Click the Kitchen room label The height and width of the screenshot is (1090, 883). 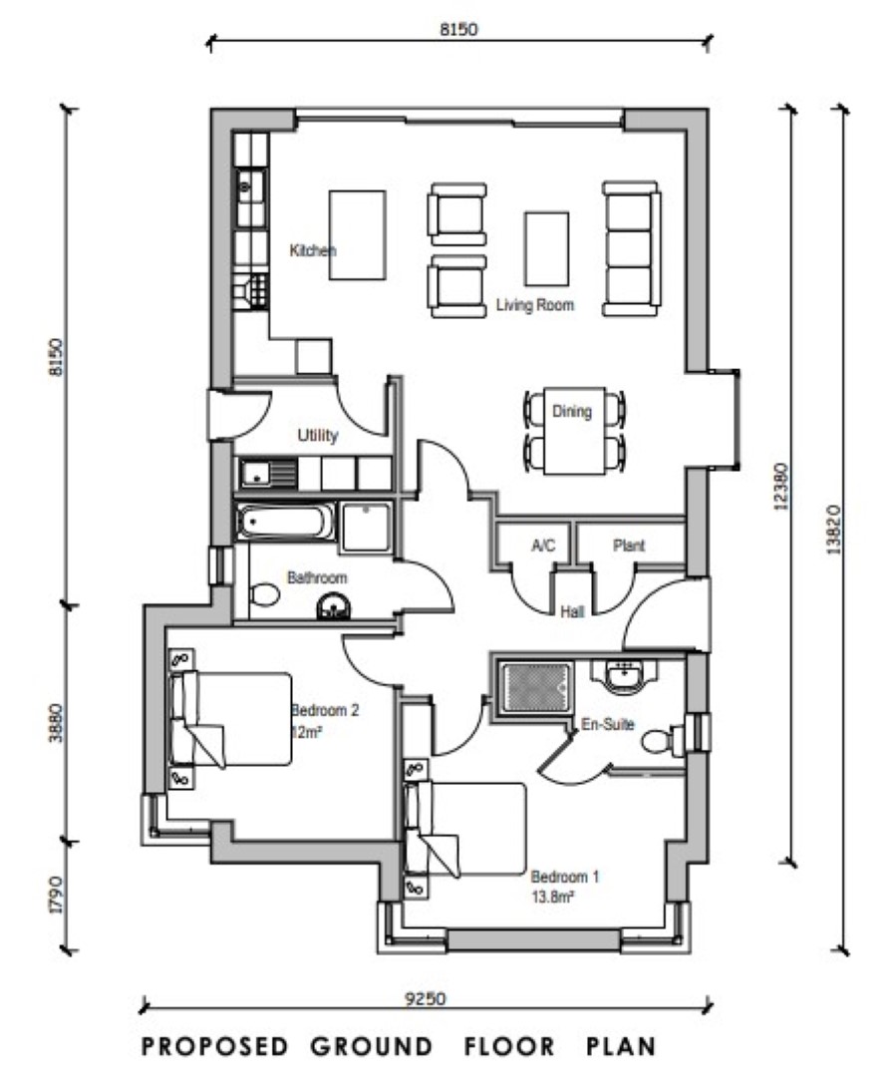tap(312, 251)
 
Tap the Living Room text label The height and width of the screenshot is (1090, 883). tap(535, 306)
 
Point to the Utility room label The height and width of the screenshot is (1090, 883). tap(318, 436)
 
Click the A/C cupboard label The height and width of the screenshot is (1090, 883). tap(543, 545)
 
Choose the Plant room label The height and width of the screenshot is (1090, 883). tap(629, 545)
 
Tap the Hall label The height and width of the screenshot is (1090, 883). tap(572, 612)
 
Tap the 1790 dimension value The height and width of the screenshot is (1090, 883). tap(57, 895)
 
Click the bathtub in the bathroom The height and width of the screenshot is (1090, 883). tap(285, 521)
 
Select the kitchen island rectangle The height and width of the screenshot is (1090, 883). tap(357, 234)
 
